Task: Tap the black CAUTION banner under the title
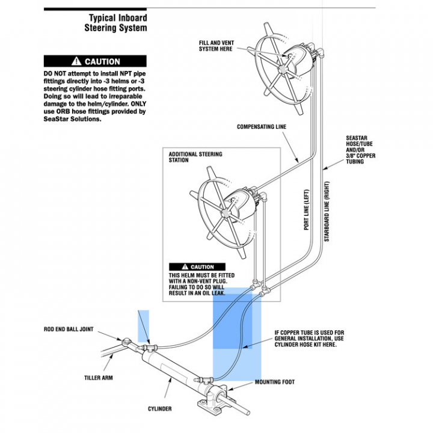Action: coord(95,61)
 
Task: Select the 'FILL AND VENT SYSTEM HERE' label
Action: coord(216,46)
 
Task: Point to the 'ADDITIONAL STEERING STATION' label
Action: coord(195,157)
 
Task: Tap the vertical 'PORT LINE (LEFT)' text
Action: coord(307,207)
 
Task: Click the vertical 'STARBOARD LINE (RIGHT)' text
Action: coord(327,211)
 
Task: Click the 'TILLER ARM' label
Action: coord(98,378)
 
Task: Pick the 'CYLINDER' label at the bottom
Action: coord(160,409)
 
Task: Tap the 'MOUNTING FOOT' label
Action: coord(275,382)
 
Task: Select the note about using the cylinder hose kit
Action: coord(309,339)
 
